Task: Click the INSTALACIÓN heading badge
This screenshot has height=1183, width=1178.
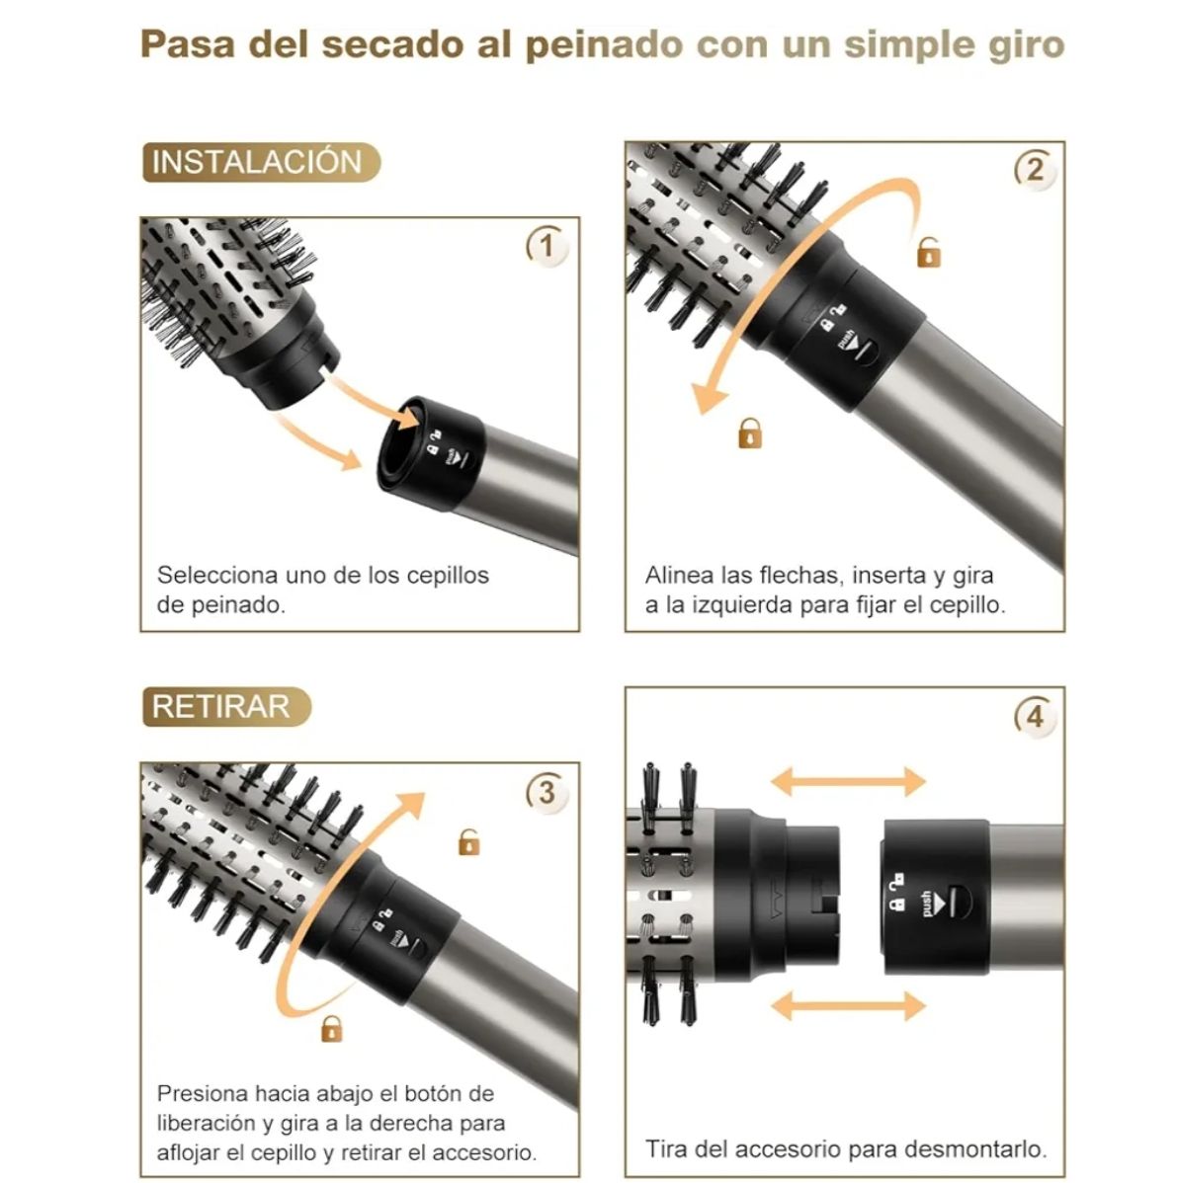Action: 259,162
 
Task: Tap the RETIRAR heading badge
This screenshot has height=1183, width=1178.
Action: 223,707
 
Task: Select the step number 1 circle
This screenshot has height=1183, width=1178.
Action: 547,244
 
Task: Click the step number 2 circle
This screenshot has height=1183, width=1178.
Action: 1034,169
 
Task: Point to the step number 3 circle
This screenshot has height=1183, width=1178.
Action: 547,791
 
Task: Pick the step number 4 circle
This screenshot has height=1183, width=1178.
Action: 1034,715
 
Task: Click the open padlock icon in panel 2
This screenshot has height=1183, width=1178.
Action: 928,253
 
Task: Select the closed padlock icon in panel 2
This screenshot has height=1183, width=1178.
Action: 750,432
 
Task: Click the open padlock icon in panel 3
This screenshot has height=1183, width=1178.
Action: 468,841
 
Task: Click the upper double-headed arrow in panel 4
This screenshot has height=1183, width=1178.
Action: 847,783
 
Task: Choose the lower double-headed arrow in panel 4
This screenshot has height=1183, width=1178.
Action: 847,1006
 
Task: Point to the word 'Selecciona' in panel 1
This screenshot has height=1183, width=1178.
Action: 217,576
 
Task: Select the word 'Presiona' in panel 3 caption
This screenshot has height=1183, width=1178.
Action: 203,1094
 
